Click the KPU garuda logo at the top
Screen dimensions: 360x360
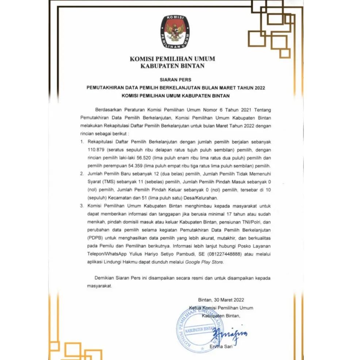[175, 32]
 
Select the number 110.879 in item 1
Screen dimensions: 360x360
[96, 150]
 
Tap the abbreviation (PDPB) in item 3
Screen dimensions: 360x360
[96, 238]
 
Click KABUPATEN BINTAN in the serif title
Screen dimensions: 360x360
[172, 66]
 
